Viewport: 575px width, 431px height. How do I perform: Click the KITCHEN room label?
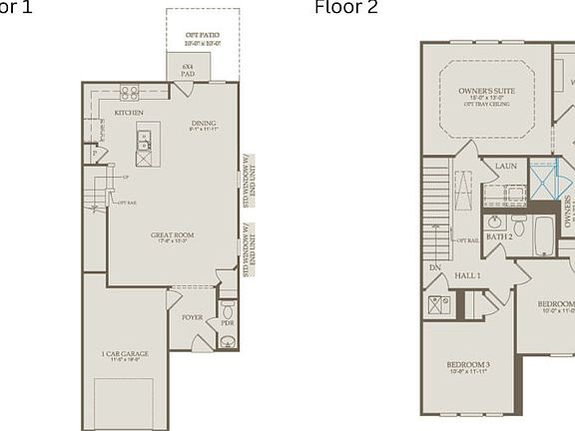[x=129, y=113]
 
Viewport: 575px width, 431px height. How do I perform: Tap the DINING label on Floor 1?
[x=203, y=122]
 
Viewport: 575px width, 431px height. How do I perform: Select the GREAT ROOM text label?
[x=172, y=236]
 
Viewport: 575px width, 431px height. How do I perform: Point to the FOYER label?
[x=192, y=317]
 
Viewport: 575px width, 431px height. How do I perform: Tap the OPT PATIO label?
[x=203, y=37]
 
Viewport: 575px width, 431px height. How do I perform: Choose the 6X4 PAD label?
[x=187, y=69]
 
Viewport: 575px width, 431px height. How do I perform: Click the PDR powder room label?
[x=228, y=323]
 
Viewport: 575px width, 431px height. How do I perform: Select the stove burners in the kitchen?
[x=130, y=92]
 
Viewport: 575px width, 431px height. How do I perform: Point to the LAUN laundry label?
[x=505, y=166]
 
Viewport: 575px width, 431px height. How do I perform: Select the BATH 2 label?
[x=498, y=237]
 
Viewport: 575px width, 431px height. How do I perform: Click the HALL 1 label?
[x=468, y=274]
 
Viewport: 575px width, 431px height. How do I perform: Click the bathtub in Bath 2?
[x=544, y=235]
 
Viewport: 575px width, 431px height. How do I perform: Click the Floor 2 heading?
[x=346, y=8]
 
